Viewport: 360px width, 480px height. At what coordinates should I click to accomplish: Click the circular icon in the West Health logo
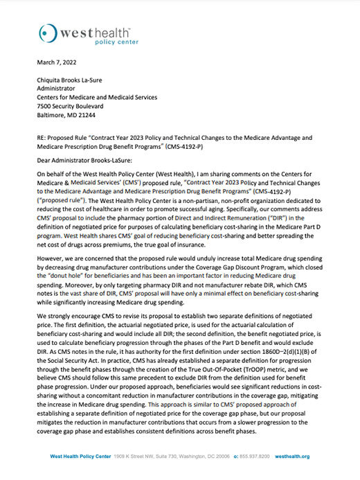pyautogui.click(x=46, y=33)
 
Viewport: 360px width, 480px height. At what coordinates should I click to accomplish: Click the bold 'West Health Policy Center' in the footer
pyautogui.click(x=84, y=456)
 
